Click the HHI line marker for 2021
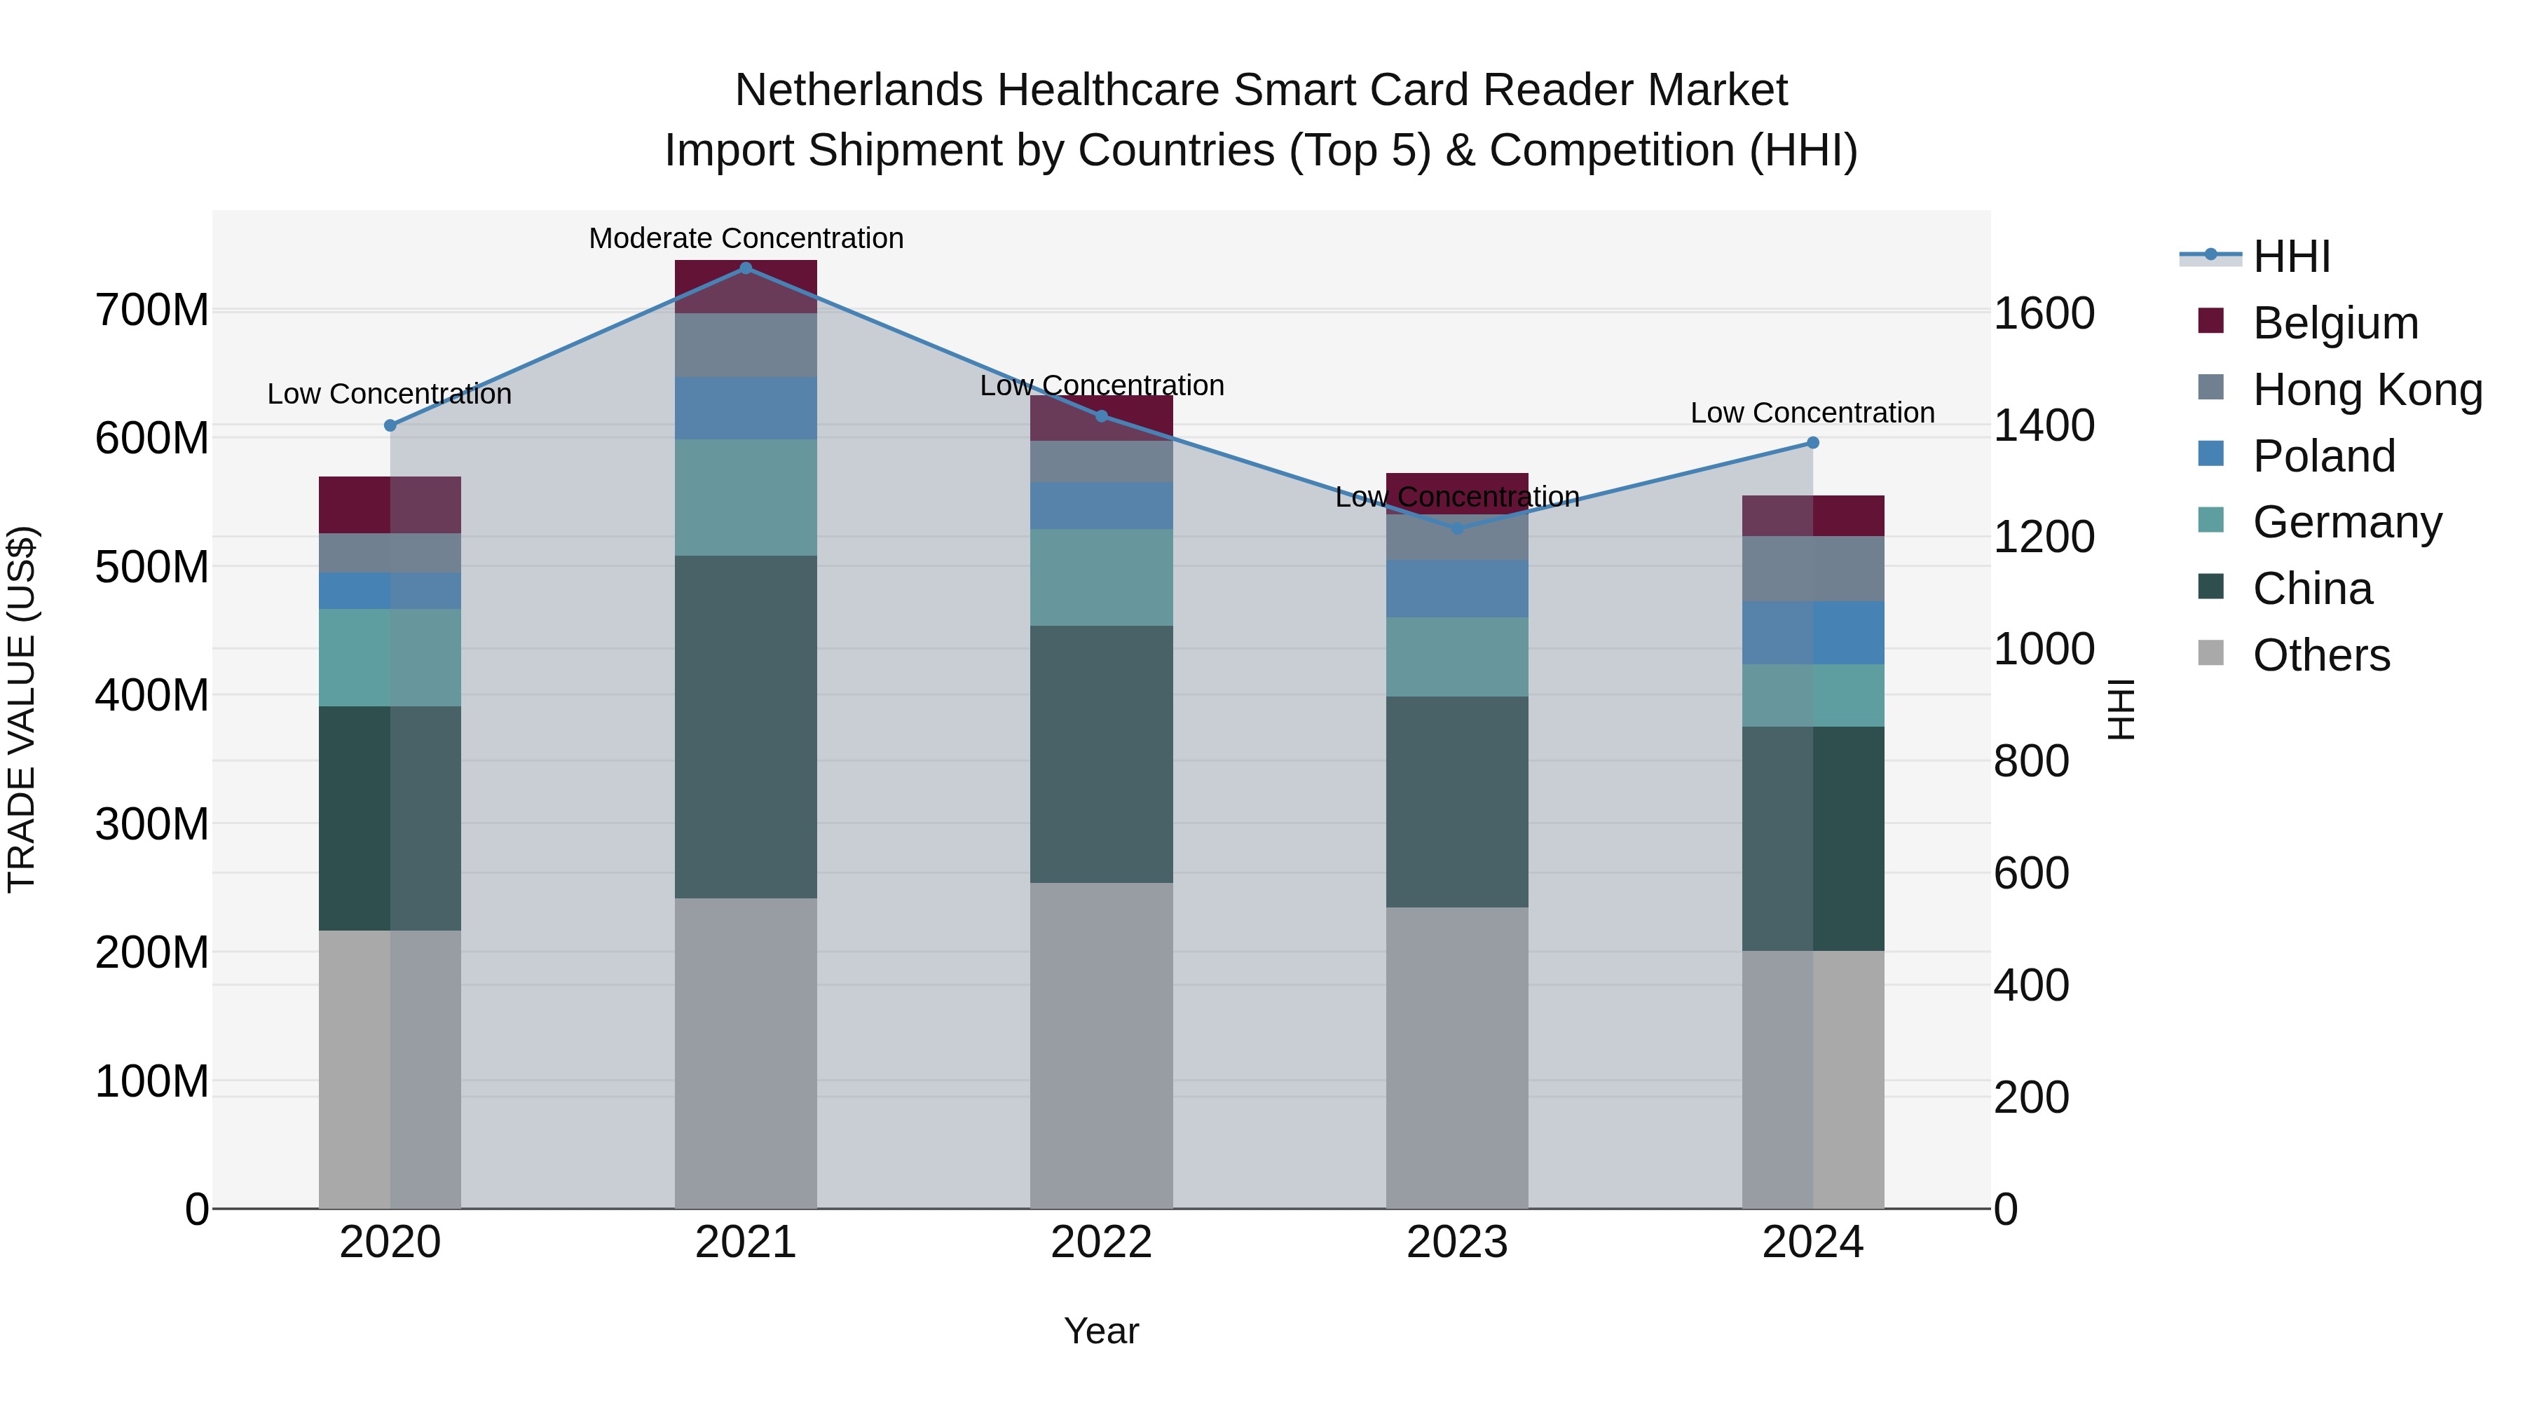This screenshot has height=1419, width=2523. [x=746, y=268]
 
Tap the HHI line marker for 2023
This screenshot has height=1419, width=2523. [x=1456, y=529]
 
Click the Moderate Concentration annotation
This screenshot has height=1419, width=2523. [x=746, y=238]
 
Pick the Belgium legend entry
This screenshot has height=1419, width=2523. [x=2336, y=323]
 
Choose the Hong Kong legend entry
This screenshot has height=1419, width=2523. [x=2367, y=390]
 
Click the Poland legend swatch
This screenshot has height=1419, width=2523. [x=2210, y=454]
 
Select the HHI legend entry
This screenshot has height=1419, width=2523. [x=2291, y=256]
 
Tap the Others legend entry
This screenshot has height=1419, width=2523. [x=2321, y=655]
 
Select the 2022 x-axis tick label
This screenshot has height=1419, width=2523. [x=1101, y=1242]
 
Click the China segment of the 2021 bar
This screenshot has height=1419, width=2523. [x=746, y=727]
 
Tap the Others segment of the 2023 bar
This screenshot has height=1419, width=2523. [x=1456, y=1057]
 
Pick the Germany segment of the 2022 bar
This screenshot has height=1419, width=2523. [x=1101, y=578]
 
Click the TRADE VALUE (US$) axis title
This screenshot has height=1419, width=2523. [x=22, y=709]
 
